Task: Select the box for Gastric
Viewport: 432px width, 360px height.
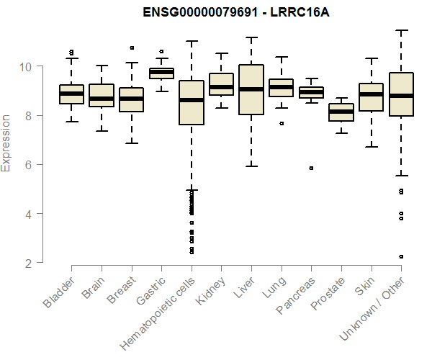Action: [161, 73]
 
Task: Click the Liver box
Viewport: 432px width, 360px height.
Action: [251, 89]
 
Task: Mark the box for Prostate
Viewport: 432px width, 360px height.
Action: [341, 112]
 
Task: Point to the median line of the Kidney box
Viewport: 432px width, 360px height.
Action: [221, 87]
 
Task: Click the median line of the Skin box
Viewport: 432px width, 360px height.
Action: [371, 94]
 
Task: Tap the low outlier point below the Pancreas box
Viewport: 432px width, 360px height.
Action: [311, 168]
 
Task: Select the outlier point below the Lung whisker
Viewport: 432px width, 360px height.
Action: [281, 123]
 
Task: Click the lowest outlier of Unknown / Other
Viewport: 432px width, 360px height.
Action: [400, 256]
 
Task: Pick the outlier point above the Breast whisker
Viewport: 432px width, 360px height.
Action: [132, 48]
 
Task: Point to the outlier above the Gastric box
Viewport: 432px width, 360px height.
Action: [161, 51]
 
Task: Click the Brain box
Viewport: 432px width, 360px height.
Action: [102, 95]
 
